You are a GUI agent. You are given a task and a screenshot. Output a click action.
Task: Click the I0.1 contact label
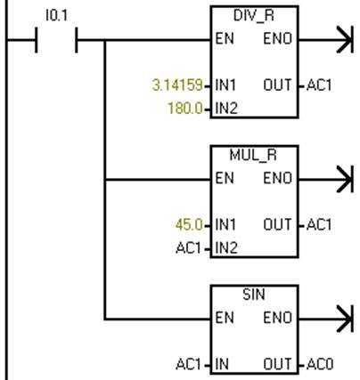point(56,15)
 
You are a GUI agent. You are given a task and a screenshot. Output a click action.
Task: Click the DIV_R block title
point(254,16)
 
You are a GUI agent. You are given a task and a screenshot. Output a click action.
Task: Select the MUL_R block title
point(253,155)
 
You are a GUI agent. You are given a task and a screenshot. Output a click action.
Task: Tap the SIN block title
point(254,295)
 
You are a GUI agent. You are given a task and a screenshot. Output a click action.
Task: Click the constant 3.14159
point(177,85)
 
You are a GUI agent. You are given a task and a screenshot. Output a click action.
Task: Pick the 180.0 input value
point(185,108)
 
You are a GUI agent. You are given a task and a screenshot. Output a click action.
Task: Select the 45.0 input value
point(189,224)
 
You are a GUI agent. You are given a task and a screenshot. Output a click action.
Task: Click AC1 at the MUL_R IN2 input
point(188,247)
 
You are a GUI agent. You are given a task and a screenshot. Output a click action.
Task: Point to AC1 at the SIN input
point(188,364)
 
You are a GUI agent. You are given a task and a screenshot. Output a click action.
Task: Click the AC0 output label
point(320,364)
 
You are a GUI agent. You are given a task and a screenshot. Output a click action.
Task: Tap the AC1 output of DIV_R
point(319,85)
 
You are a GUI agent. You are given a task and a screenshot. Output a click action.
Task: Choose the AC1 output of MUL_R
point(319,224)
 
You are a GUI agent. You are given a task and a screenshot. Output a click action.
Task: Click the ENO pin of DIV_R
point(278,39)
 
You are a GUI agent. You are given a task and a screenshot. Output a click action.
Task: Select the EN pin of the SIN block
point(225,318)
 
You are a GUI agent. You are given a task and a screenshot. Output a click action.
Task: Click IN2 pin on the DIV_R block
point(226,108)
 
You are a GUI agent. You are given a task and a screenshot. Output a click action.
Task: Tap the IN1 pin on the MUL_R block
point(225,224)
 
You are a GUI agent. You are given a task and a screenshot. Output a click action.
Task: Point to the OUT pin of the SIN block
point(277,364)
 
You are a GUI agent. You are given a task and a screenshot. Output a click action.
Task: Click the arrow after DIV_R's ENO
point(326,39)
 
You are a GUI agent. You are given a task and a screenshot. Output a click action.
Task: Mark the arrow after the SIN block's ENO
point(326,319)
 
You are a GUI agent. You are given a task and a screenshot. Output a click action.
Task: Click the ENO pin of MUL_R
point(278,178)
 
